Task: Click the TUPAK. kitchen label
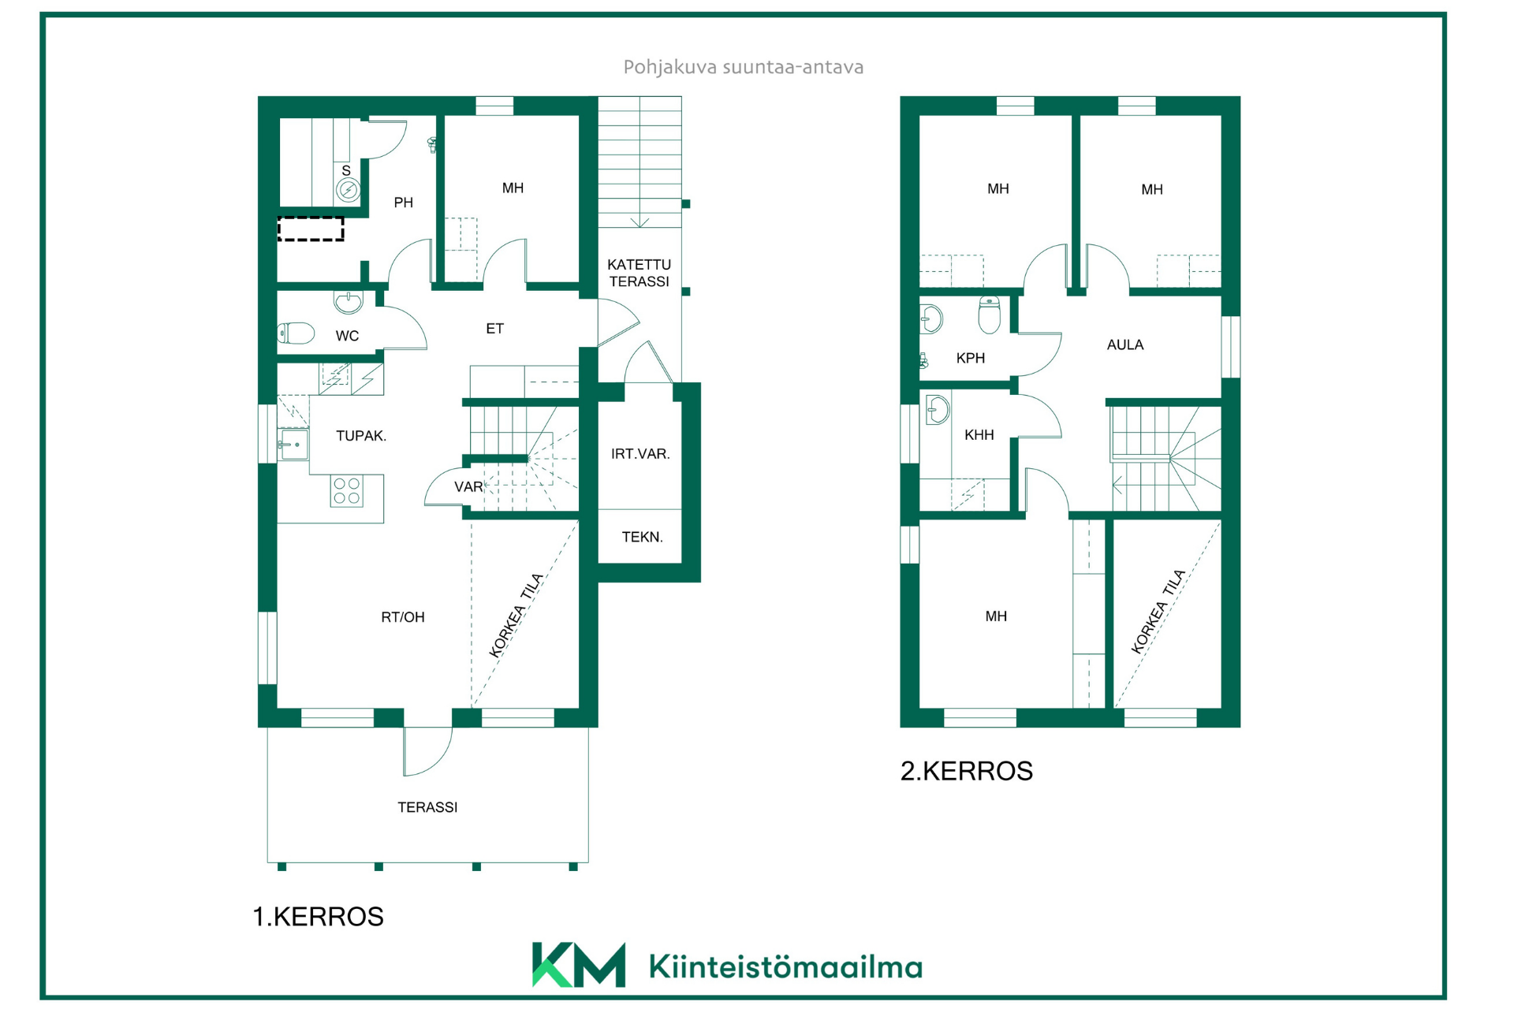pyautogui.click(x=361, y=436)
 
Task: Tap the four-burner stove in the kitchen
pyautogui.click(x=346, y=490)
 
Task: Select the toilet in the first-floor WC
pyautogui.click(x=296, y=333)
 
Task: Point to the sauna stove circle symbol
pyautogui.click(x=348, y=190)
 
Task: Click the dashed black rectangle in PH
pyautogui.click(x=311, y=229)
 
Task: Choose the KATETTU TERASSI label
pyautogui.click(x=639, y=273)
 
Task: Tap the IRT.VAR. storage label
pyautogui.click(x=640, y=454)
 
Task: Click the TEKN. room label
pyautogui.click(x=642, y=538)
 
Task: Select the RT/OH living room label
pyautogui.click(x=403, y=617)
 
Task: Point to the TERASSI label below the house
pyautogui.click(x=427, y=807)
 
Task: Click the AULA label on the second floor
pyautogui.click(x=1125, y=344)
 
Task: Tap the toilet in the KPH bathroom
pyautogui.click(x=989, y=315)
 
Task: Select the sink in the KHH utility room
pyautogui.click(x=938, y=410)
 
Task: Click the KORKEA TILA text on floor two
pyautogui.click(x=1158, y=612)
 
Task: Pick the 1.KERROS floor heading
pyautogui.click(x=318, y=917)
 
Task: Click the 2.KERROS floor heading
pyautogui.click(x=967, y=771)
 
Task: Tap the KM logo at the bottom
pyautogui.click(x=579, y=965)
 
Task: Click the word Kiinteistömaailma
pyautogui.click(x=785, y=967)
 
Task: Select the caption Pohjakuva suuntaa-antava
pyautogui.click(x=744, y=68)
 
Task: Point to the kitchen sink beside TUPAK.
pyautogui.click(x=293, y=445)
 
